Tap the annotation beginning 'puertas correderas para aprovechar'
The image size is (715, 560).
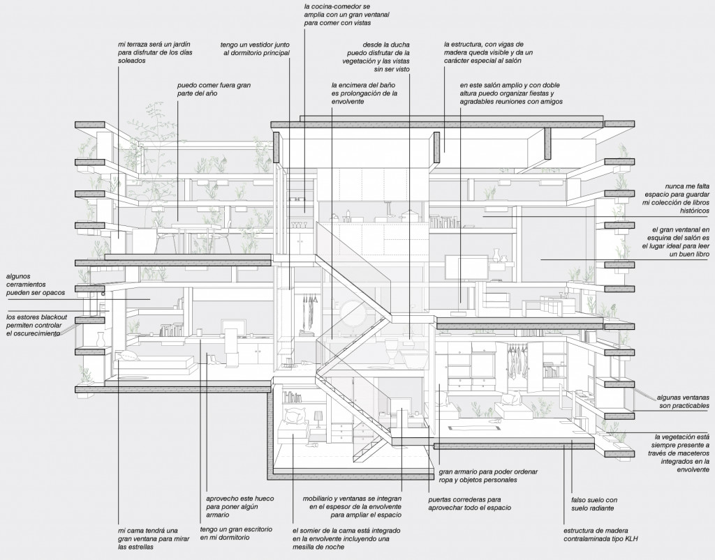[x=464, y=504]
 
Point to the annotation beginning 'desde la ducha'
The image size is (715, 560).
[x=381, y=56]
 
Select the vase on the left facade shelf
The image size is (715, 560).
[x=100, y=339]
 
